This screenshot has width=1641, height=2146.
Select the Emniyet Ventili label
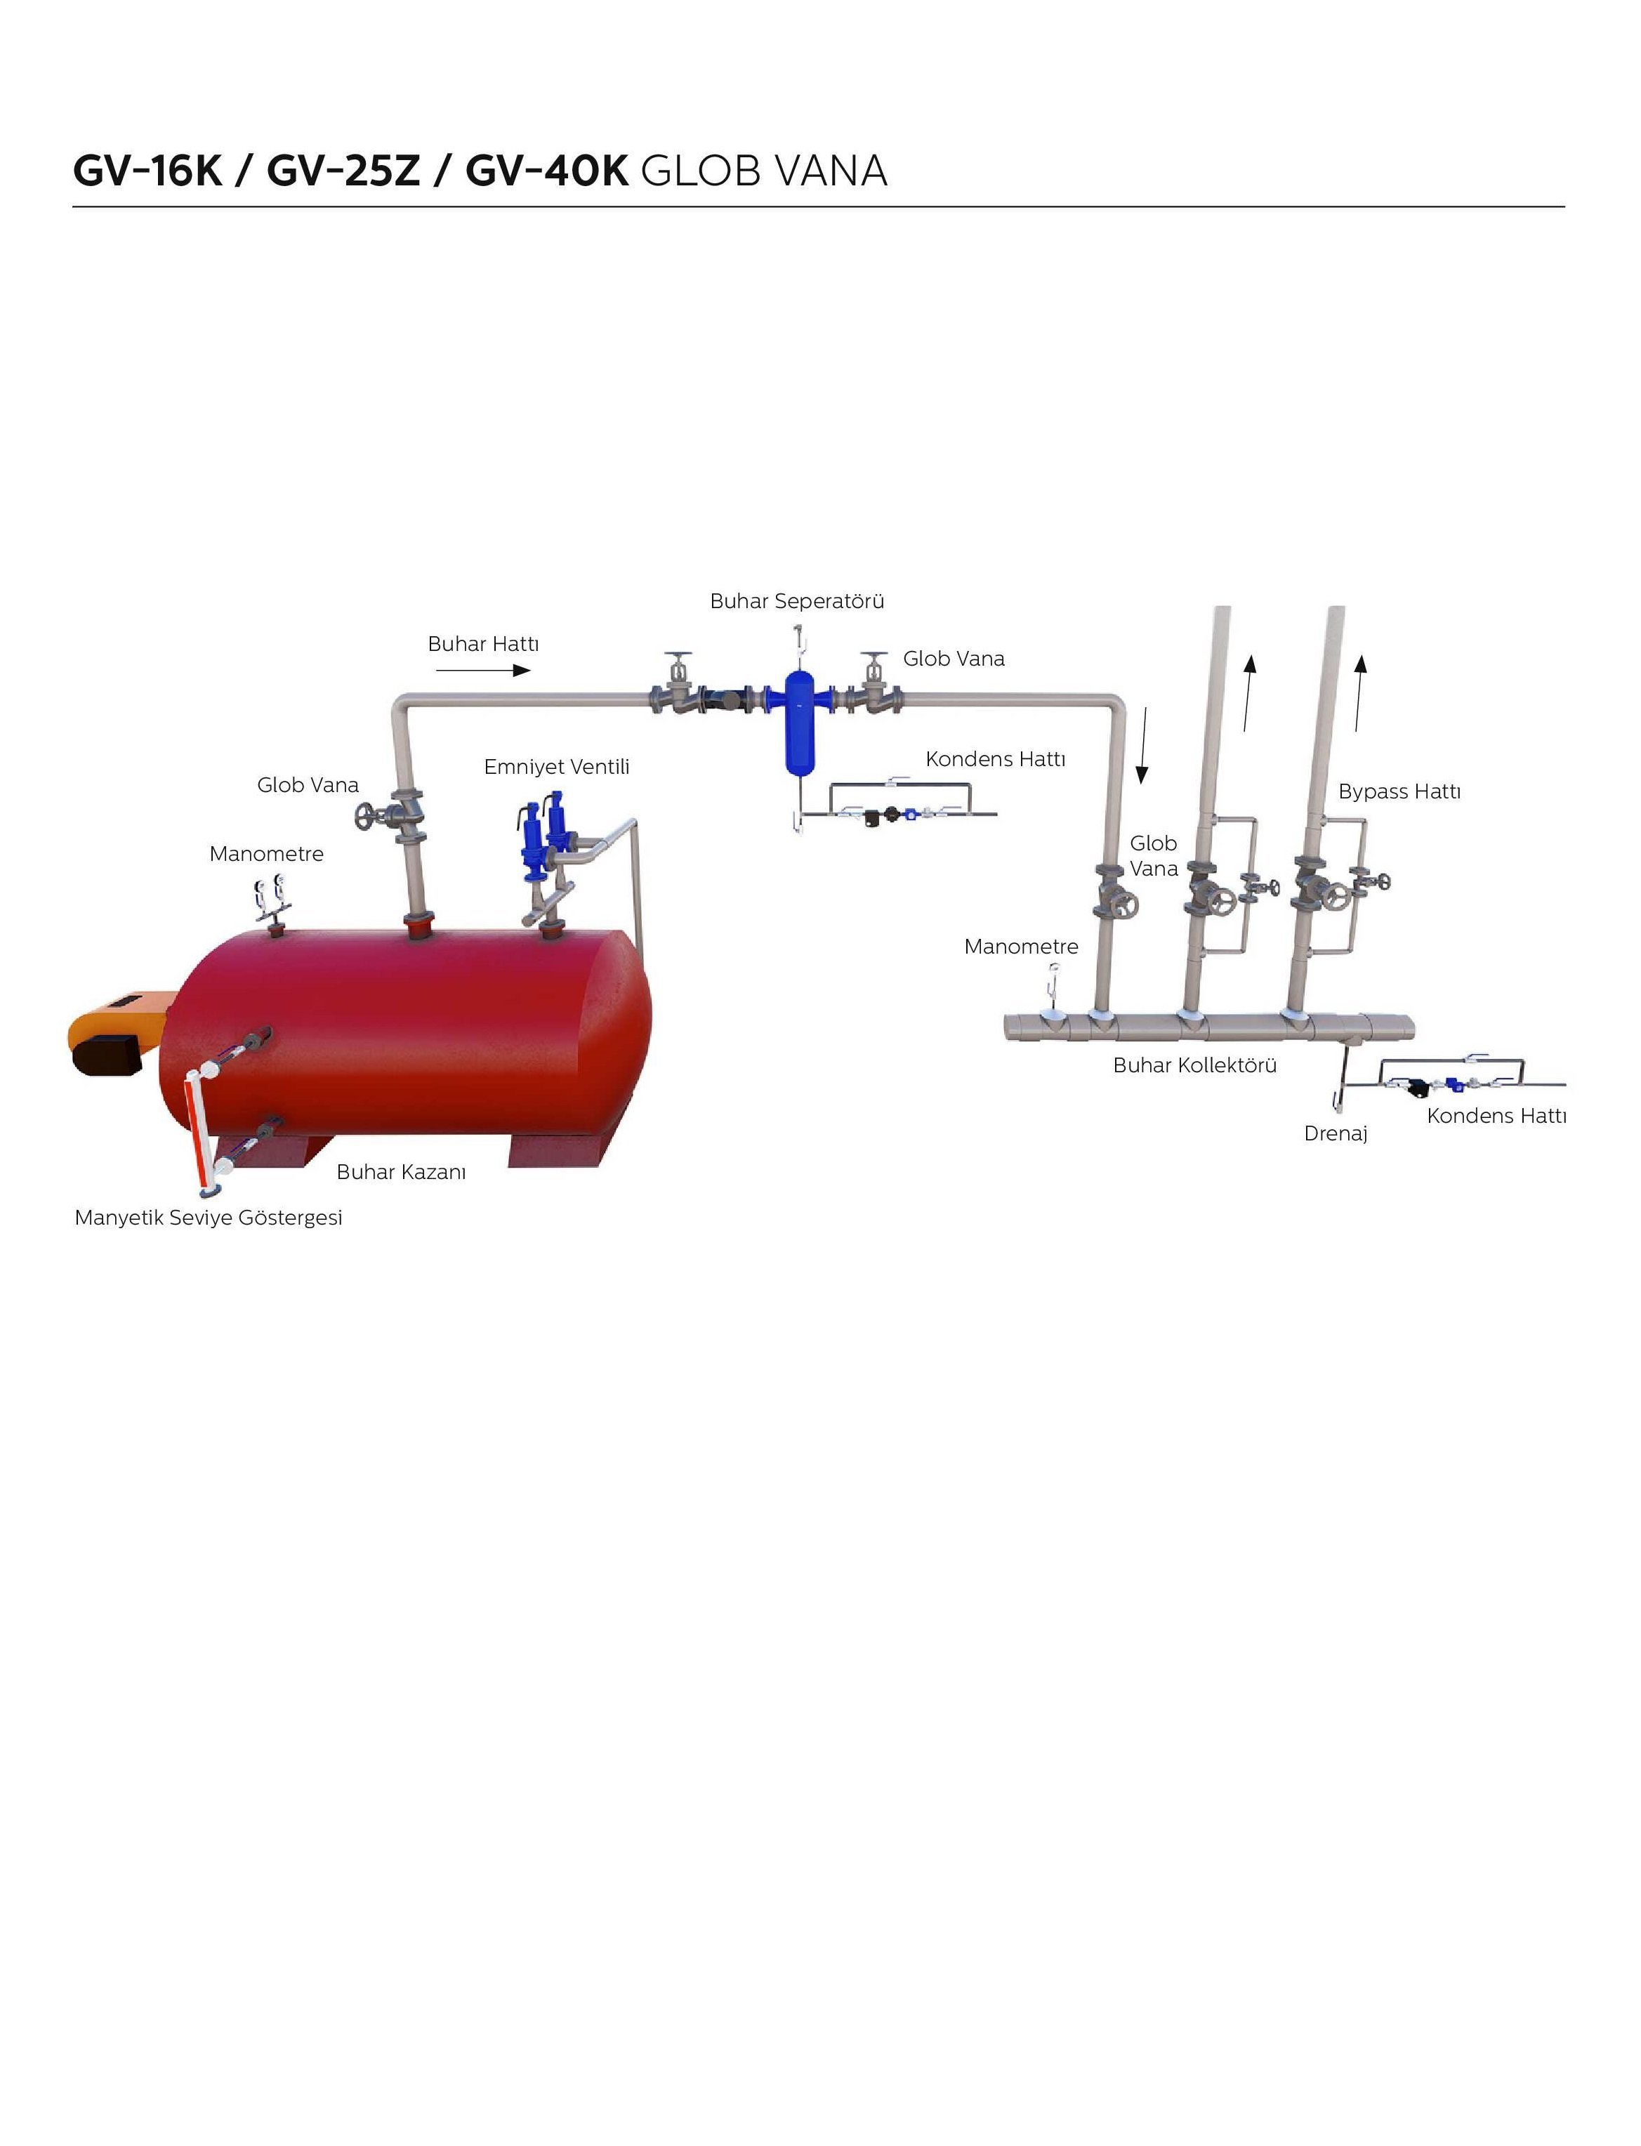click(x=557, y=768)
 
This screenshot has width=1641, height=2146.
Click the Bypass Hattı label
click(x=1399, y=792)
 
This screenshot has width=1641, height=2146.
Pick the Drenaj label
click(x=1336, y=1134)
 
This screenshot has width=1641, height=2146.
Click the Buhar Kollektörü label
click(x=1194, y=1066)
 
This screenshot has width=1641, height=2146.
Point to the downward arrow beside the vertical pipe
click(x=1142, y=746)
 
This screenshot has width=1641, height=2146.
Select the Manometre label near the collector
click(x=1021, y=947)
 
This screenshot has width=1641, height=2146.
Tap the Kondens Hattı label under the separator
click(x=996, y=760)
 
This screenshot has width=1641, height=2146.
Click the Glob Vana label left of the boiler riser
click(x=308, y=785)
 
